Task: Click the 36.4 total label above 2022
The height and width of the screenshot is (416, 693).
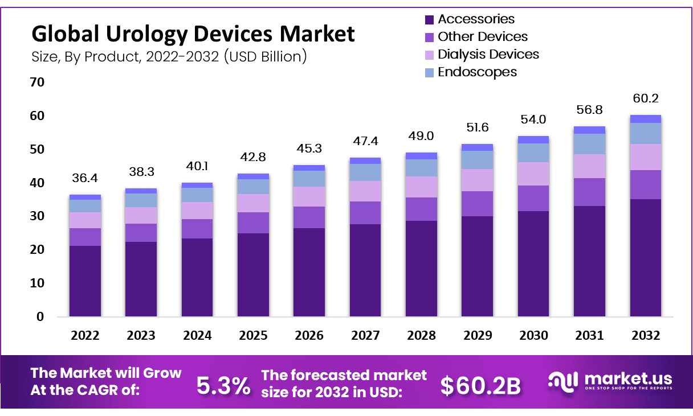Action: pos(85,179)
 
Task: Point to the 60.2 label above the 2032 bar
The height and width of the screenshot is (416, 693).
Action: pos(645,99)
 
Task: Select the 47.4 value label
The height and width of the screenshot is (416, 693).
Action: pos(365,141)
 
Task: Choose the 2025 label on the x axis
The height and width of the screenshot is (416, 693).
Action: pos(253,336)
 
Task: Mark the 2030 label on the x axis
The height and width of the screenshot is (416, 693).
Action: pos(533,336)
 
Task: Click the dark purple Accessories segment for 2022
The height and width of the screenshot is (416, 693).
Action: pos(85,281)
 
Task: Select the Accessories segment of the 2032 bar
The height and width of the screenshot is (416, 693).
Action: pos(645,258)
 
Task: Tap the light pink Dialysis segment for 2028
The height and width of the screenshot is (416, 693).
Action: pos(421,187)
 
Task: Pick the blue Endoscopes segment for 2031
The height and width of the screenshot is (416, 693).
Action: pos(589,144)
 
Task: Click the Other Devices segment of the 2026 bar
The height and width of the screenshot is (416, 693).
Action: pos(309,217)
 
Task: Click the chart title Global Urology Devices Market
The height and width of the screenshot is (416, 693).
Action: pos(193,34)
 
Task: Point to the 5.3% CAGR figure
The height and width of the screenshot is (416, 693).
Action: pos(223,386)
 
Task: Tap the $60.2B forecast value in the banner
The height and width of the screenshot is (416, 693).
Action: pos(480,386)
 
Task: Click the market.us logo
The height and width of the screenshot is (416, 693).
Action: pos(610,381)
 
